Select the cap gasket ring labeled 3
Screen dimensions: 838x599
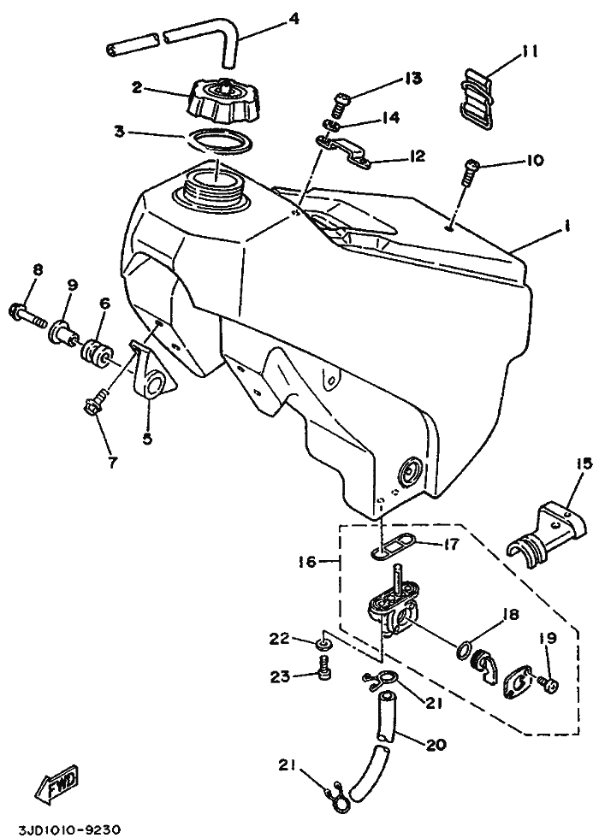[x=221, y=139]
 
